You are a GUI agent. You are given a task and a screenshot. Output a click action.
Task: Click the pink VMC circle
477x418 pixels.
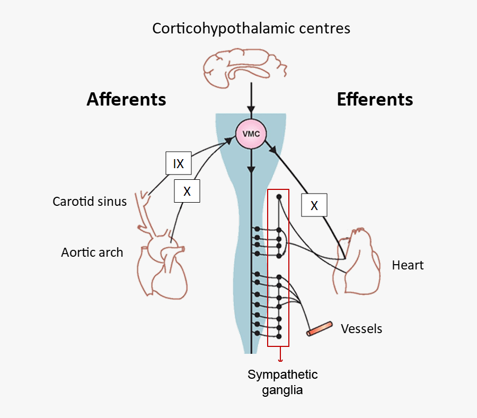[x=251, y=134]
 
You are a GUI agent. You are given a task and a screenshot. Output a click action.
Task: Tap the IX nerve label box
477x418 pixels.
[x=179, y=164]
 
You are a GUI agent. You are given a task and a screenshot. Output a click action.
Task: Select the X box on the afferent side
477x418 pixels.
[x=187, y=191]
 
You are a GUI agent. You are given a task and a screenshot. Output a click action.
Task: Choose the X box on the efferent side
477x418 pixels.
[x=314, y=205]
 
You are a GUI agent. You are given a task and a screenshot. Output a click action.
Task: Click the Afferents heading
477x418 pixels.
[x=126, y=99]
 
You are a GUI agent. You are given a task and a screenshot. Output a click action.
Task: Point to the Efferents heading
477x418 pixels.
[x=375, y=99]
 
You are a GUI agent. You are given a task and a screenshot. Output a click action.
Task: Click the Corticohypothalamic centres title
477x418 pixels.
[x=251, y=28]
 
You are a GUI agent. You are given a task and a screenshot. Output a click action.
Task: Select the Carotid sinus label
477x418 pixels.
[x=90, y=202]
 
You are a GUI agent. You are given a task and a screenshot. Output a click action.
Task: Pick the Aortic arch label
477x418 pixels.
[x=92, y=252]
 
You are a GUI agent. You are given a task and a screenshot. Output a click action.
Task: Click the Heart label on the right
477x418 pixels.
[x=408, y=265]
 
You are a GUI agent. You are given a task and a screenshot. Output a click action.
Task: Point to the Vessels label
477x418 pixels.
[x=361, y=329]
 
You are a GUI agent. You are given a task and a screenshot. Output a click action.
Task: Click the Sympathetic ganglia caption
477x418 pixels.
[x=282, y=382]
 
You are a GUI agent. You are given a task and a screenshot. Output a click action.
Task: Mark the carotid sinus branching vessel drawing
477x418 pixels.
[x=144, y=210]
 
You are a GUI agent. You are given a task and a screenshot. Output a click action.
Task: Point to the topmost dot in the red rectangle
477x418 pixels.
[x=278, y=197]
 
